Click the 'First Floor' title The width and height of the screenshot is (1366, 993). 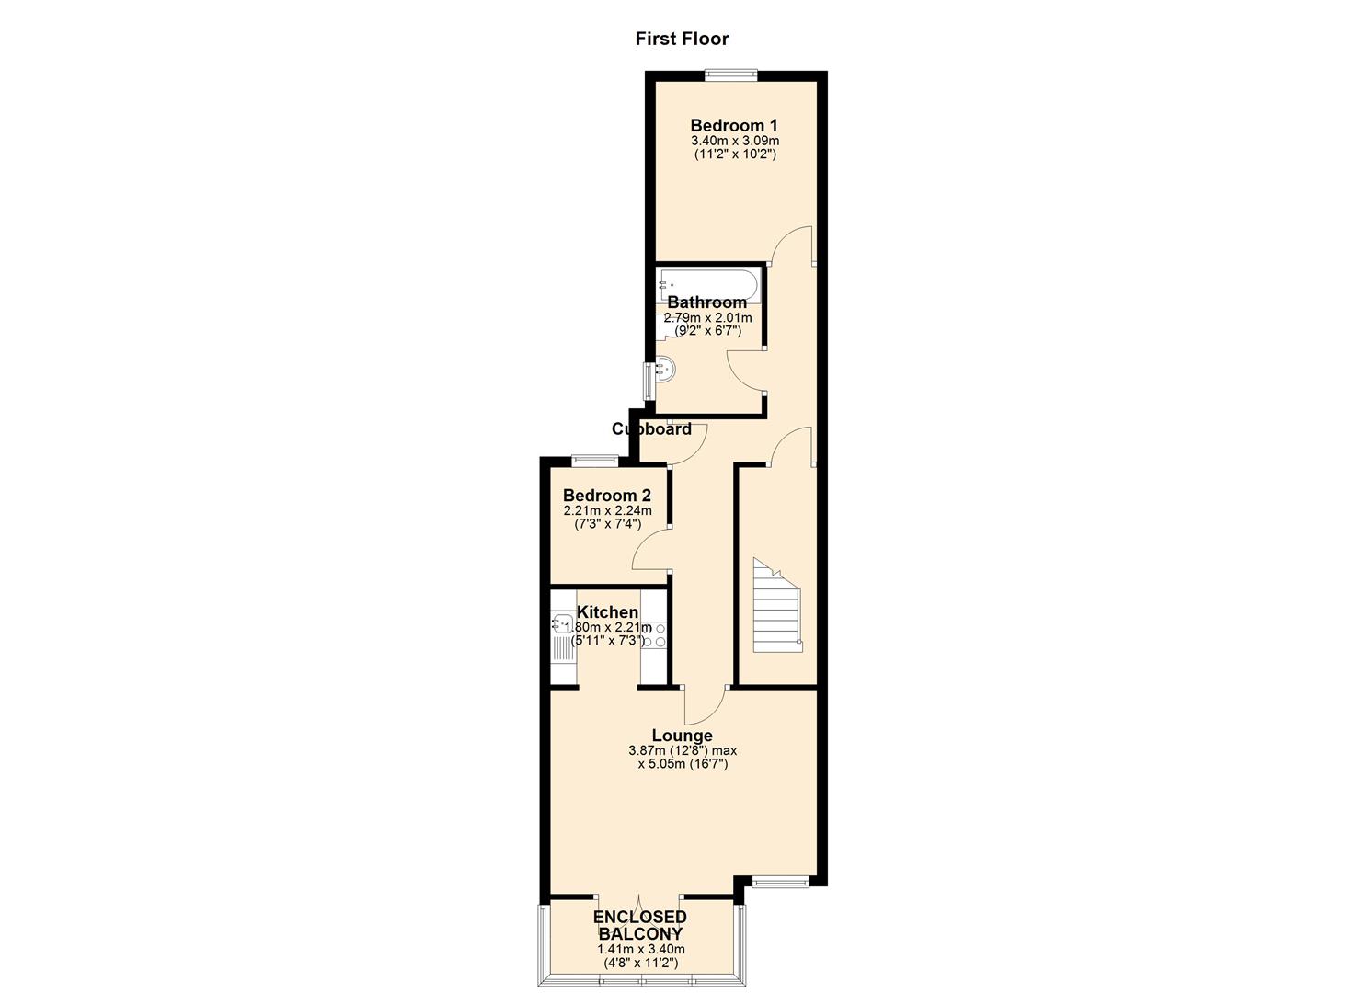pos(682,39)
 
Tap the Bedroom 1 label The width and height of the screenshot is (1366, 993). pos(734,126)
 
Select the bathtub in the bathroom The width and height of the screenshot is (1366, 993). pos(708,286)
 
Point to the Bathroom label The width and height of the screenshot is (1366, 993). pos(706,302)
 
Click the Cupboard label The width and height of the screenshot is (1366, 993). pos(651,429)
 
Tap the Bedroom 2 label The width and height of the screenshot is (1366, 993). pos(607,495)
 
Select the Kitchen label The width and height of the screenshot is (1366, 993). pos(607,612)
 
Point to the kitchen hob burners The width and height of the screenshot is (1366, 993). pos(654,634)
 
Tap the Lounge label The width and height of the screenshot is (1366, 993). pos(683,736)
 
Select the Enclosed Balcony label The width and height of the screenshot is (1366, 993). pos(640,925)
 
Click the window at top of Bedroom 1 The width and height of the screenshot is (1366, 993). pos(731,75)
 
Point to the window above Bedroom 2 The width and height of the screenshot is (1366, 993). pos(594,461)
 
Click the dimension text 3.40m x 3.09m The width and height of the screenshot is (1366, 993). pos(735,141)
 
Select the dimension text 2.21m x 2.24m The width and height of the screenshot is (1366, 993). pos(607,510)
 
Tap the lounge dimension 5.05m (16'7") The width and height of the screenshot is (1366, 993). pos(683,764)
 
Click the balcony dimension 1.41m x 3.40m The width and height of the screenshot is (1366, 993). pos(641,949)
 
